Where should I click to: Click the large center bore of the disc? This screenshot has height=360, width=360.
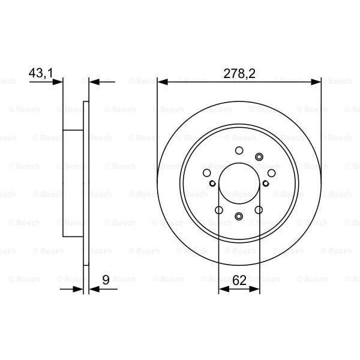[x=239, y=183]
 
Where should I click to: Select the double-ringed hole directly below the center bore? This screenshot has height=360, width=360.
[x=239, y=217]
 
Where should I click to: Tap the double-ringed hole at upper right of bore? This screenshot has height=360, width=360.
[x=259, y=157]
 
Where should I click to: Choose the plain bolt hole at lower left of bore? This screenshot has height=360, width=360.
[x=218, y=210]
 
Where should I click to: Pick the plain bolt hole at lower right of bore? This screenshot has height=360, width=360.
[x=259, y=210]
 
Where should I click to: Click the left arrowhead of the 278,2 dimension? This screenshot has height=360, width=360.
[x=162, y=82]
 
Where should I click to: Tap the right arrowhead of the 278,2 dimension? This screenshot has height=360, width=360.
[x=317, y=82]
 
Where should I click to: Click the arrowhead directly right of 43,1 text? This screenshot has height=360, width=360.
[x=58, y=82]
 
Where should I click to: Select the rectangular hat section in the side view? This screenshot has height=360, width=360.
[x=73, y=183]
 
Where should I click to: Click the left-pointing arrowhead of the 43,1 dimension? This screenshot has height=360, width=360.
[x=93, y=82]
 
